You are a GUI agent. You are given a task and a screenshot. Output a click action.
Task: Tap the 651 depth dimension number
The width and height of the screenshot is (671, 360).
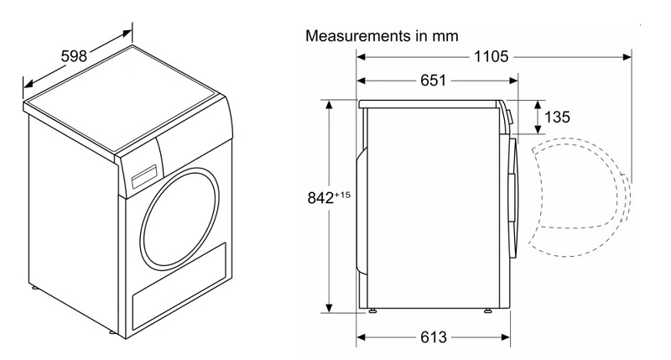pos(429,81)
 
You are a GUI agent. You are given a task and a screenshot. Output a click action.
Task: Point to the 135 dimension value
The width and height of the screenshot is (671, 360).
pos(557,117)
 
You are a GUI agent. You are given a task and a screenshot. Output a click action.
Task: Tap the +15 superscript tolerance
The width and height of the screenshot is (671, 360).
pos(341,196)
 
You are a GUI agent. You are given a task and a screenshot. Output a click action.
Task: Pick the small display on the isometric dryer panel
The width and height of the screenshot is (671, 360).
pos(143,178)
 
